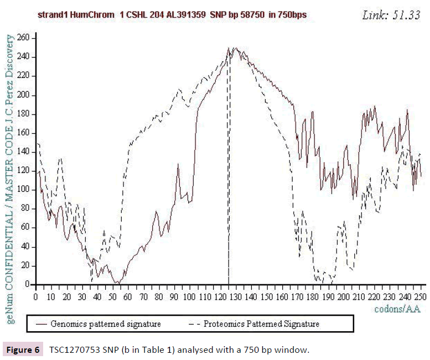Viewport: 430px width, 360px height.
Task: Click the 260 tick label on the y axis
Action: pos(24,38)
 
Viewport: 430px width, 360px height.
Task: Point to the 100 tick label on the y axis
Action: pos(24,190)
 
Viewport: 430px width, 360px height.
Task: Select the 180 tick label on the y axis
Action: pos(24,114)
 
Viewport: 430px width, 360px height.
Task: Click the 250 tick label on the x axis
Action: pos(420,297)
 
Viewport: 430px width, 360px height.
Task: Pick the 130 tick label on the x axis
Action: pos(236,297)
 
